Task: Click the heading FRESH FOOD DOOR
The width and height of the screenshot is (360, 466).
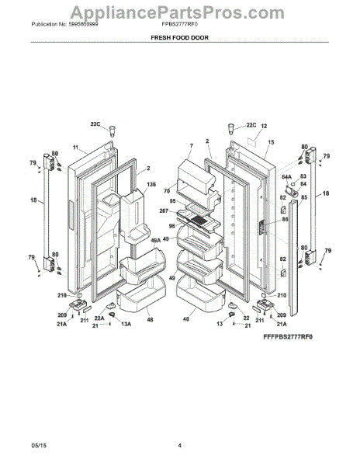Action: [x=179, y=37]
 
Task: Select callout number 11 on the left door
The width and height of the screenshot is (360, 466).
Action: [x=76, y=148]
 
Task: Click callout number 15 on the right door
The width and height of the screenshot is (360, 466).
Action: [x=271, y=143]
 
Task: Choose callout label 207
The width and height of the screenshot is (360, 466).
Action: [x=165, y=211]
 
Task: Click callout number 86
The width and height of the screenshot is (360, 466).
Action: [x=285, y=220]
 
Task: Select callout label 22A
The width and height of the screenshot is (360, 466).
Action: [x=99, y=317]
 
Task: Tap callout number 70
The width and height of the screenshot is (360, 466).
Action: [x=167, y=190]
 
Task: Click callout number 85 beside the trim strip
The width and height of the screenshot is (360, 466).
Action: [x=304, y=196]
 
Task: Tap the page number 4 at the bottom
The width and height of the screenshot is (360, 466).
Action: [x=179, y=445]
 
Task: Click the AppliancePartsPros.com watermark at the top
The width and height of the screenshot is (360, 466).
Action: [x=180, y=11]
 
